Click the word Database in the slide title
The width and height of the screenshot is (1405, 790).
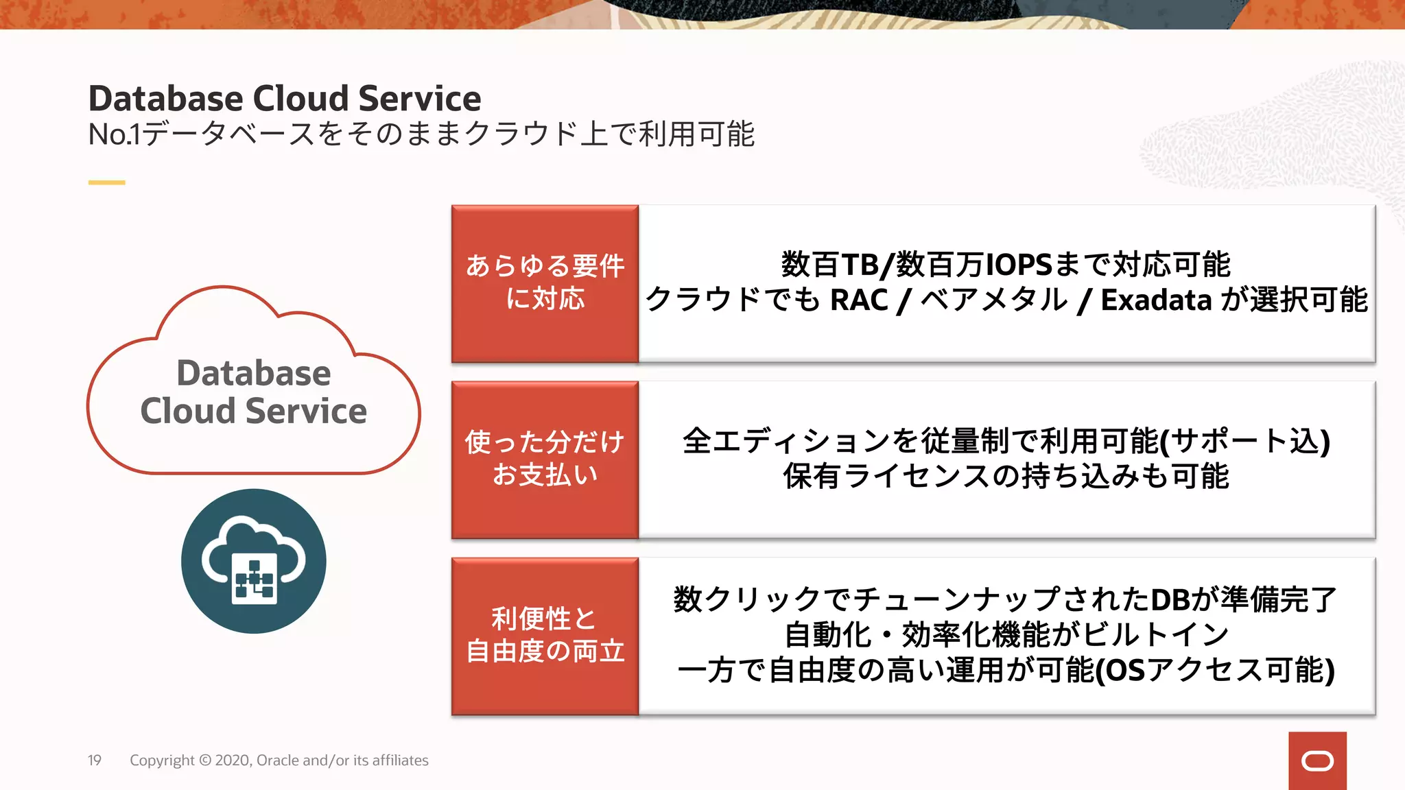click(165, 99)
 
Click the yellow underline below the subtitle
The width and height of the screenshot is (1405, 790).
click(106, 182)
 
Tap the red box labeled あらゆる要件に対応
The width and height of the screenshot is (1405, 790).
click(545, 283)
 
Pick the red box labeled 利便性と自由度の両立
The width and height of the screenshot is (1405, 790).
click(545, 636)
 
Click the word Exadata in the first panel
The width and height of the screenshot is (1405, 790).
click(1156, 300)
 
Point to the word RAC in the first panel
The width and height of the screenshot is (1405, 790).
click(859, 300)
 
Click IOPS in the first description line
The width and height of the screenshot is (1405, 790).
click(1019, 265)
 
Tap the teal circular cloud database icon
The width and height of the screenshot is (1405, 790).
click(253, 561)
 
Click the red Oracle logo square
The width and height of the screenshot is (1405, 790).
click(1317, 761)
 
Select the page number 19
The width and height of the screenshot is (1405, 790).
click(94, 761)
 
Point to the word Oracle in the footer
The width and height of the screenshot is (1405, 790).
click(277, 761)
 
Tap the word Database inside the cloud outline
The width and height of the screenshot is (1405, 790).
click(253, 374)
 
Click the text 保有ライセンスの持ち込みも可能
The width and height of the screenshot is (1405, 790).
click(1006, 477)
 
